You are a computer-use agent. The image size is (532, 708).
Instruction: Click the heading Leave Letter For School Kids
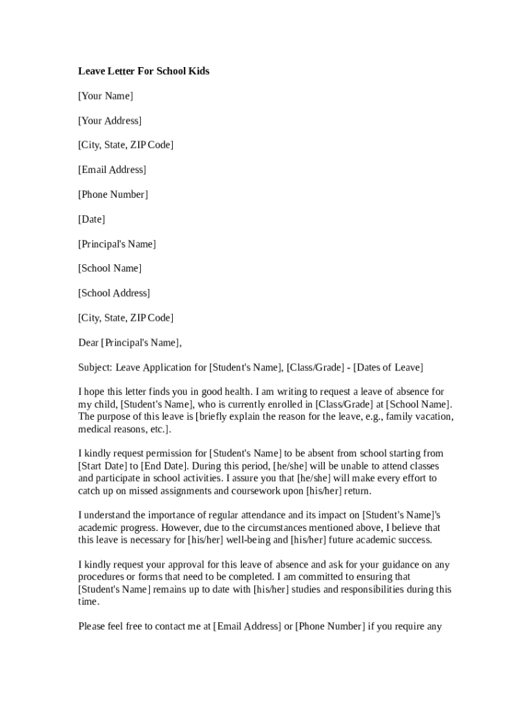tap(144, 71)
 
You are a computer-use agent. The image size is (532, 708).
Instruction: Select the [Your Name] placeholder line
tap(106, 96)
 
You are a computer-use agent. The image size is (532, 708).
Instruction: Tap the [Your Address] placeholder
tap(110, 121)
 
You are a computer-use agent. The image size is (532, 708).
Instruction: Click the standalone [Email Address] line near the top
tap(112, 170)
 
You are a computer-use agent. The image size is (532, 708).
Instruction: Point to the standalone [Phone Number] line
tap(113, 195)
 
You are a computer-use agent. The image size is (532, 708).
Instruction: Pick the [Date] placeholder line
tap(92, 219)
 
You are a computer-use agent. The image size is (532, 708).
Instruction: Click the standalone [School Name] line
tap(110, 268)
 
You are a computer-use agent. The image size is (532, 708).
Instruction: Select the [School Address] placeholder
tap(114, 293)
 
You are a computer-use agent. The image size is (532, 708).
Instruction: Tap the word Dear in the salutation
tap(88, 342)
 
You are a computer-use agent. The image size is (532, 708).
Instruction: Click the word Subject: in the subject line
tap(95, 367)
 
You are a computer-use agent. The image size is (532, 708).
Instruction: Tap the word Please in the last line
tap(93, 627)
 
